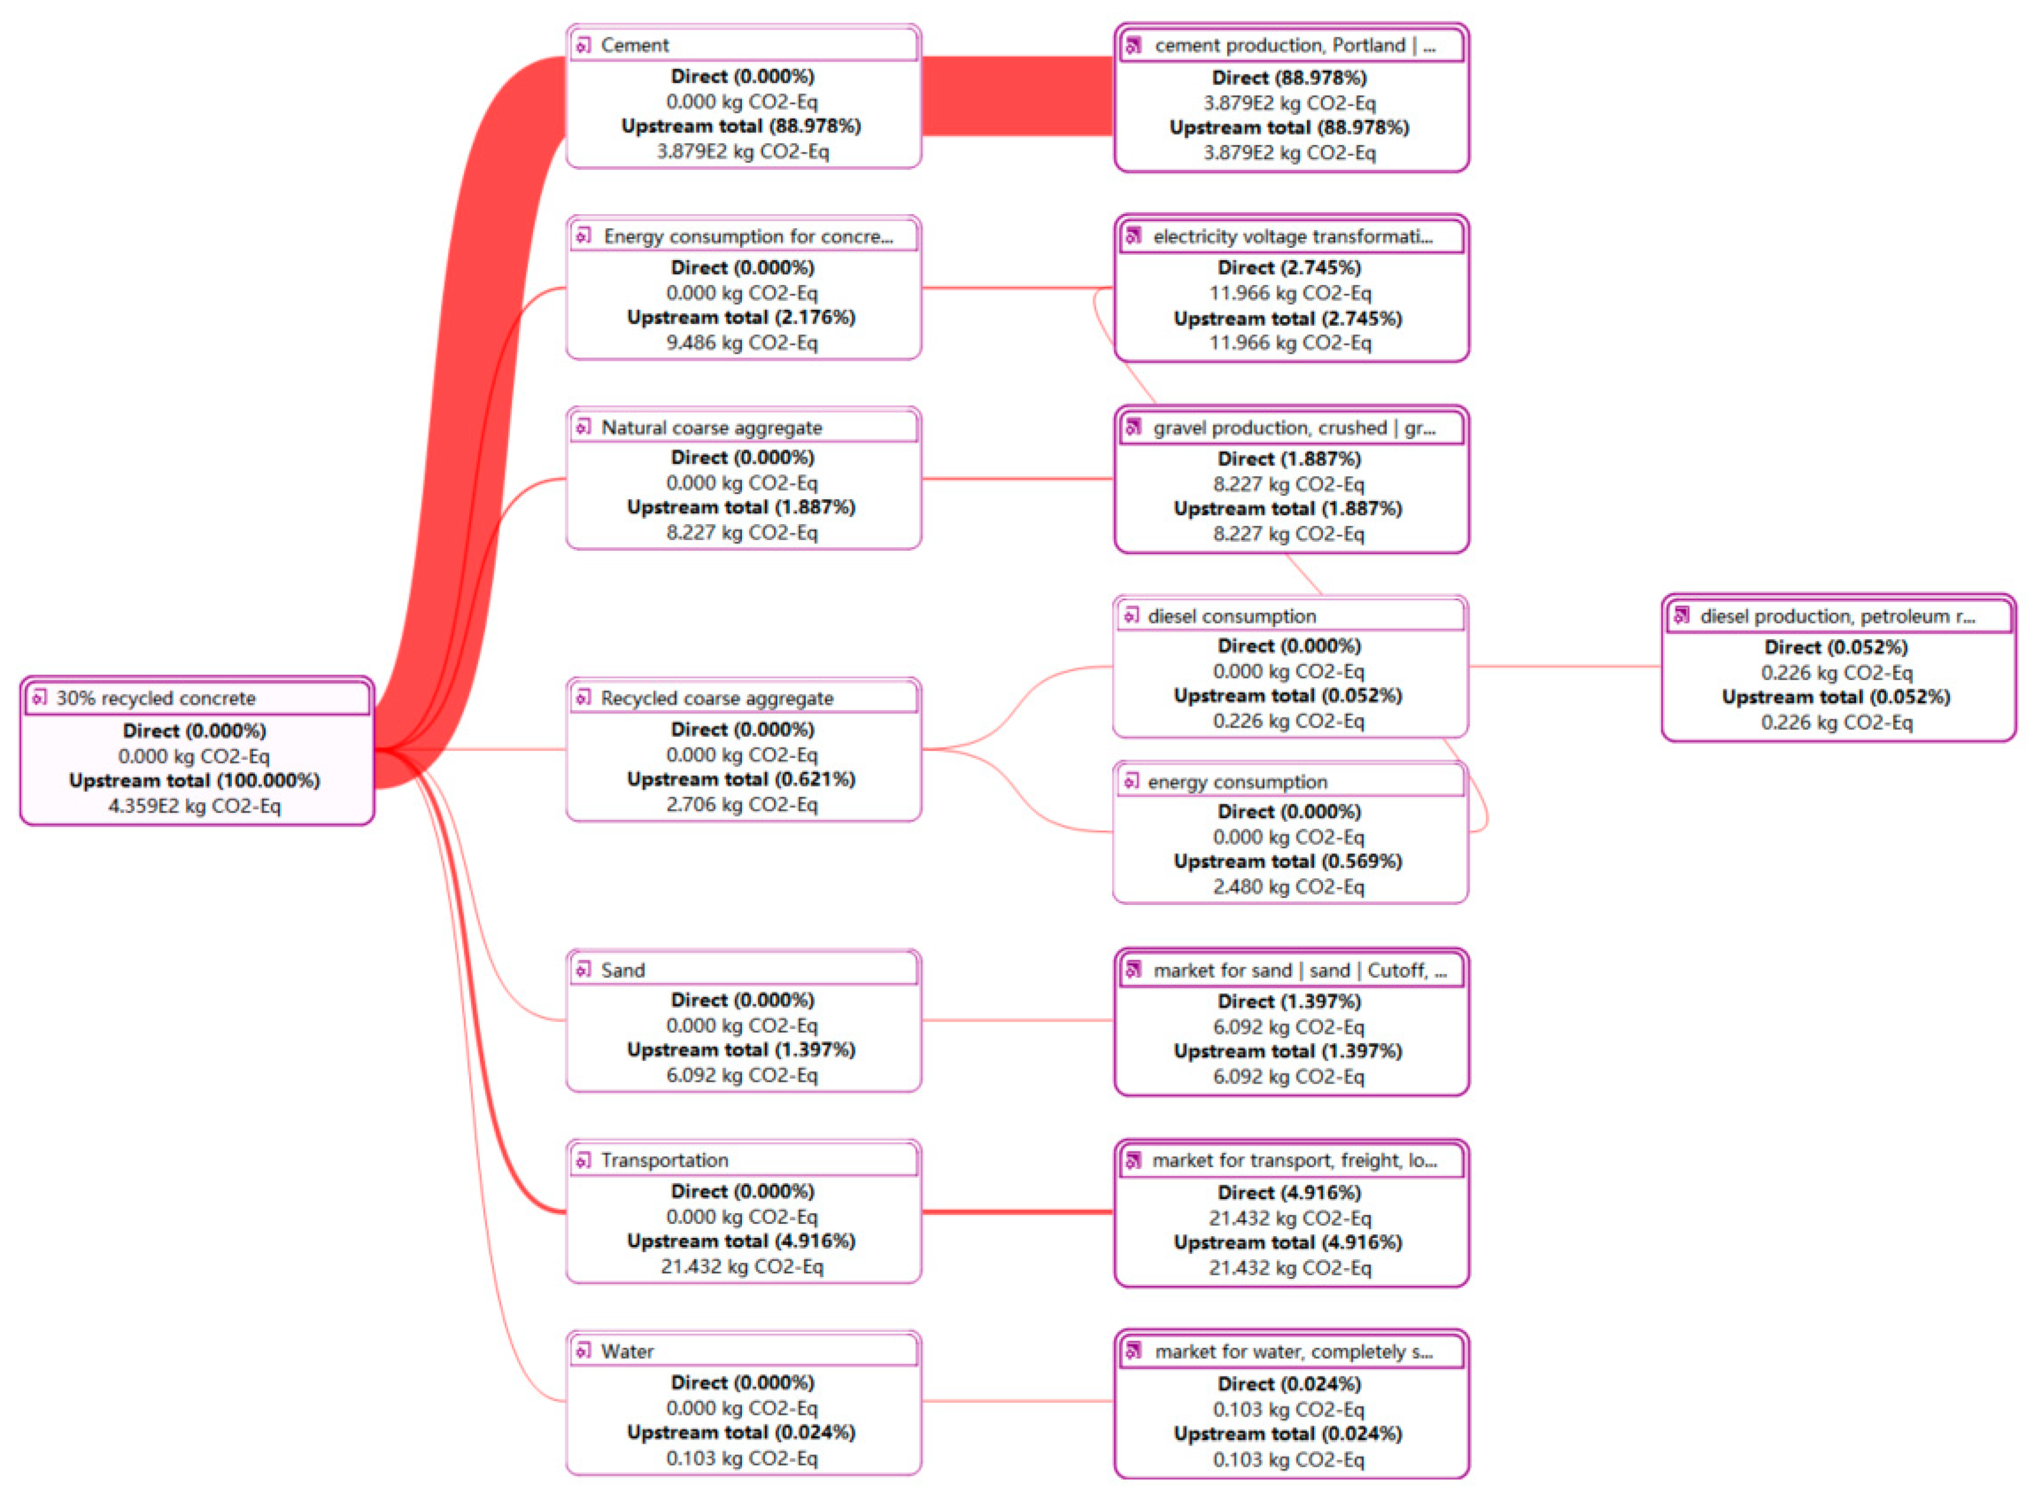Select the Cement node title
click(635, 44)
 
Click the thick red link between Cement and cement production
click(1017, 96)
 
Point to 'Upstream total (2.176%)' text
click(741, 317)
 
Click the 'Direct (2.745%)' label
click(1290, 268)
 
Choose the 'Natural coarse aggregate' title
click(711, 428)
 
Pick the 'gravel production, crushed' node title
click(1294, 428)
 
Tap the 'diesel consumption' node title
click(1231, 616)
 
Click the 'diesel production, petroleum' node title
click(1837, 616)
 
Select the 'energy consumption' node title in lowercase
click(1237, 782)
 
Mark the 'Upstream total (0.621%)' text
click(741, 779)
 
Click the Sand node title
click(623, 971)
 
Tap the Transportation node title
click(665, 1160)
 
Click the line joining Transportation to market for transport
click(1017, 1212)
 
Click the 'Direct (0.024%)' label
click(1290, 1385)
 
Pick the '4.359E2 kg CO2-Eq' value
click(194, 806)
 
